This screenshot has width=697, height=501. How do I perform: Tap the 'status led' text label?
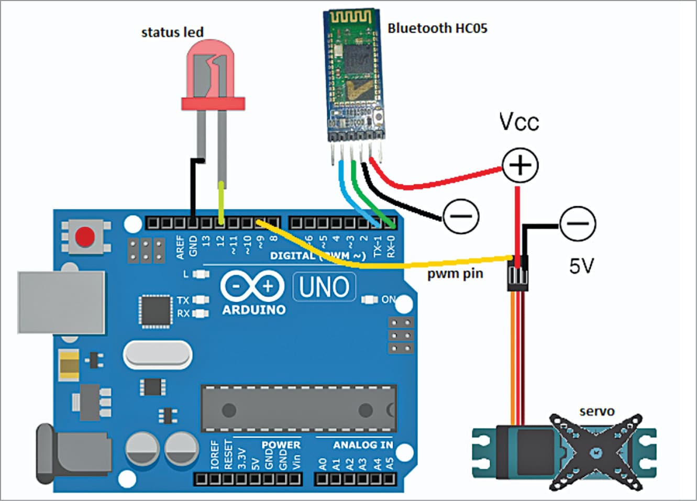coord(172,32)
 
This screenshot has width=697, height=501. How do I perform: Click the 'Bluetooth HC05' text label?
coord(437,28)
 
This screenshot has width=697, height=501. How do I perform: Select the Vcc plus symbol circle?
coord(520,165)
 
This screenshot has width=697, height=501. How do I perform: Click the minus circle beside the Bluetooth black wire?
coord(461,216)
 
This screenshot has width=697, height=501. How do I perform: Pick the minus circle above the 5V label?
coord(578,224)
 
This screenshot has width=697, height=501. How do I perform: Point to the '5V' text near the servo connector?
coord(581,266)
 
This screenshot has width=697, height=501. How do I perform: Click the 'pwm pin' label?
coord(455,274)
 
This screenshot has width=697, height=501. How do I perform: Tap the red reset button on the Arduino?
coord(85,237)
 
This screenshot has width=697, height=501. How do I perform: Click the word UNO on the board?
coord(324,287)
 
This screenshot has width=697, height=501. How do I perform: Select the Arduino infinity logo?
coord(252,286)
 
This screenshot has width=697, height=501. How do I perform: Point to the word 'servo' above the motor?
coord(596,411)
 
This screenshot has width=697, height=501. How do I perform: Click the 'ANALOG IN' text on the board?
coord(362,445)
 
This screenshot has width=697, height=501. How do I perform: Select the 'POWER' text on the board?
coord(281,444)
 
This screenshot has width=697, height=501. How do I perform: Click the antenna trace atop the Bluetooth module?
coord(350,17)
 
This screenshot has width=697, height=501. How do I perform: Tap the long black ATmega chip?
coord(298,409)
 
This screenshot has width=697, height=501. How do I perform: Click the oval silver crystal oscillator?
coord(158,355)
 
